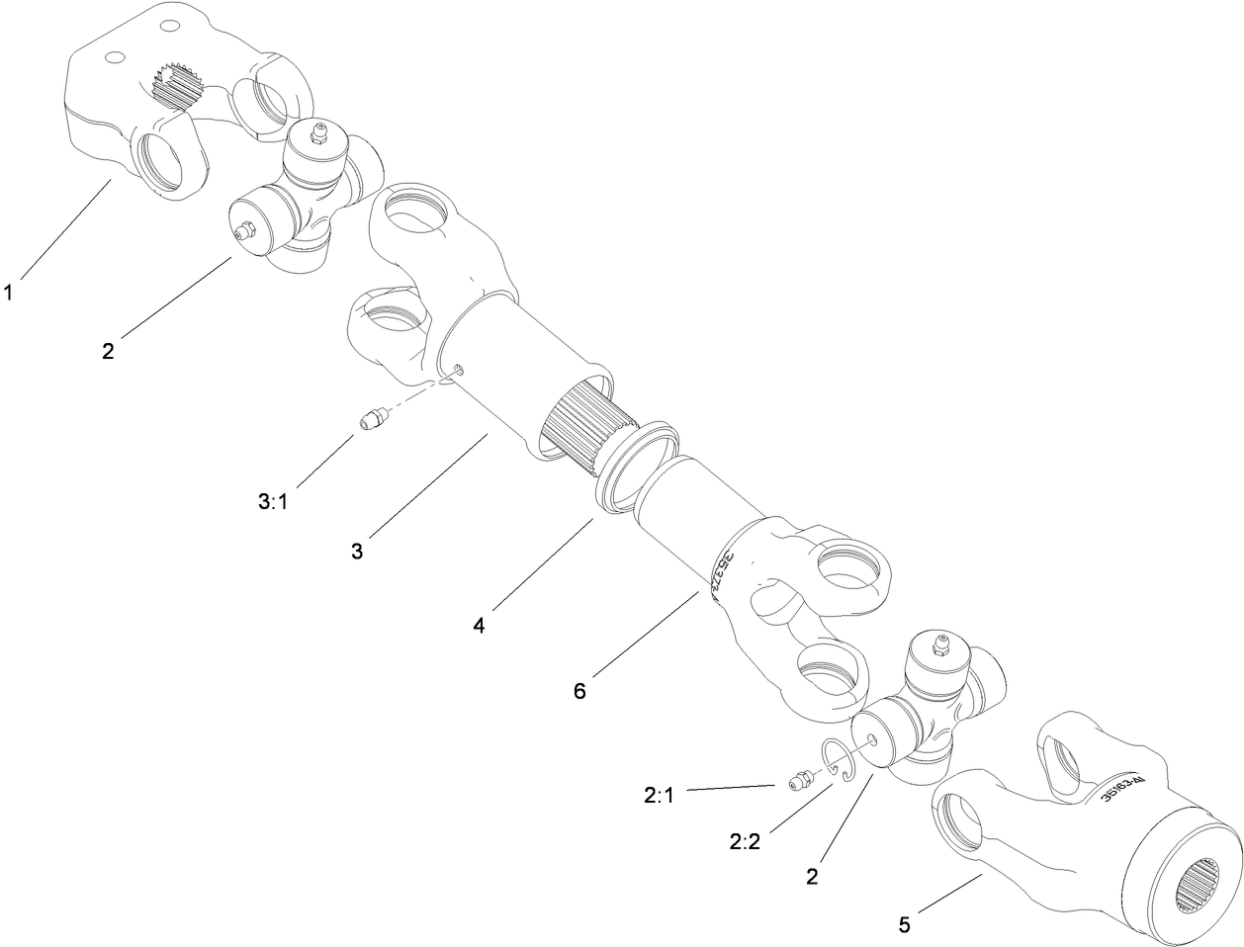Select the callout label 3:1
pos(272,501)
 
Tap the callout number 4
pos(478,625)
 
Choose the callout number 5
pos(904,926)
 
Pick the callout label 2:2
pos(746,840)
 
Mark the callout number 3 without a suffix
pos(357,551)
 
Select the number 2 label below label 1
pos(108,351)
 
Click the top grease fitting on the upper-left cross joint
pos(317,132)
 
